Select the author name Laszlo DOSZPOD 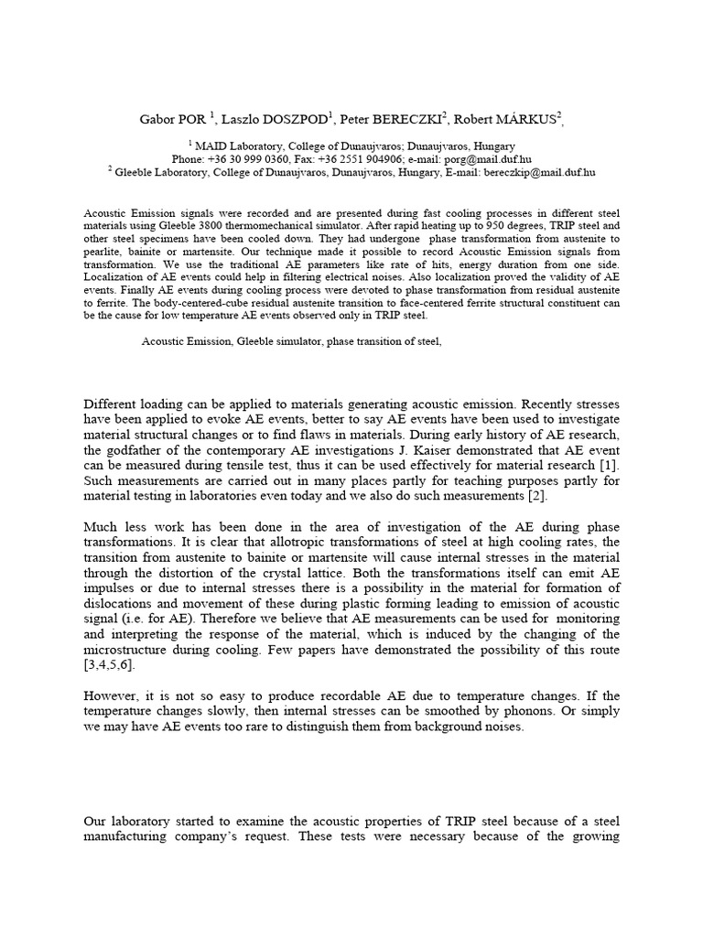(279, 117)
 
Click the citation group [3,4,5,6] (113, 664)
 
